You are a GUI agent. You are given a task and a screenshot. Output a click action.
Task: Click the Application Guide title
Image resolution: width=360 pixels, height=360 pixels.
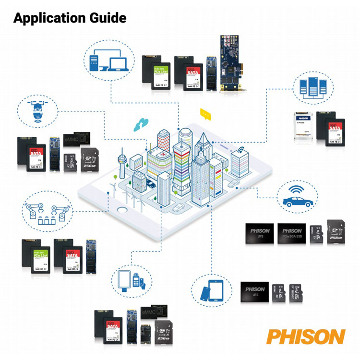pyautogui.click(x=70, y=18)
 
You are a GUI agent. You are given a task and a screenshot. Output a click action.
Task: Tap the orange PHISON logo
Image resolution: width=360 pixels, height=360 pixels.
pyautogui.click(x=305, y=336)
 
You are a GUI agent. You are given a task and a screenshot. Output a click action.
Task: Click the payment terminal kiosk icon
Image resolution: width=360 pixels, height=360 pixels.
pyautogui.click(x=132, y=279)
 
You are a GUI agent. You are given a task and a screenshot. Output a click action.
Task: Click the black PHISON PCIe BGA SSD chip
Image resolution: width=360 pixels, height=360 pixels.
pyautogui.click(x=290, y=233)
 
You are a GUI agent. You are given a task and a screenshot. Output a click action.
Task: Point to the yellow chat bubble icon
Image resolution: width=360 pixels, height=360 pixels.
pyautogui.click(x=205, y=114)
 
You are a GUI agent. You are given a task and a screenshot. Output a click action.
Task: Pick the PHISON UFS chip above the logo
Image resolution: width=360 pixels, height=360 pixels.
pyautogui.click(x=255, y=292)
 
